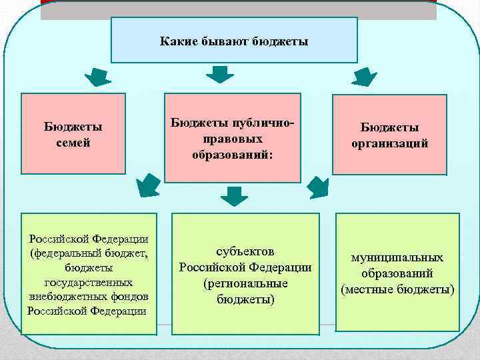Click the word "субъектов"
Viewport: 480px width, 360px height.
245,252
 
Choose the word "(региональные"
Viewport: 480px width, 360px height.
245,283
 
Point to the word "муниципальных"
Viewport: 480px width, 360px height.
398,258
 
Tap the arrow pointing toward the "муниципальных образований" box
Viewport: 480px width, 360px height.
320,188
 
